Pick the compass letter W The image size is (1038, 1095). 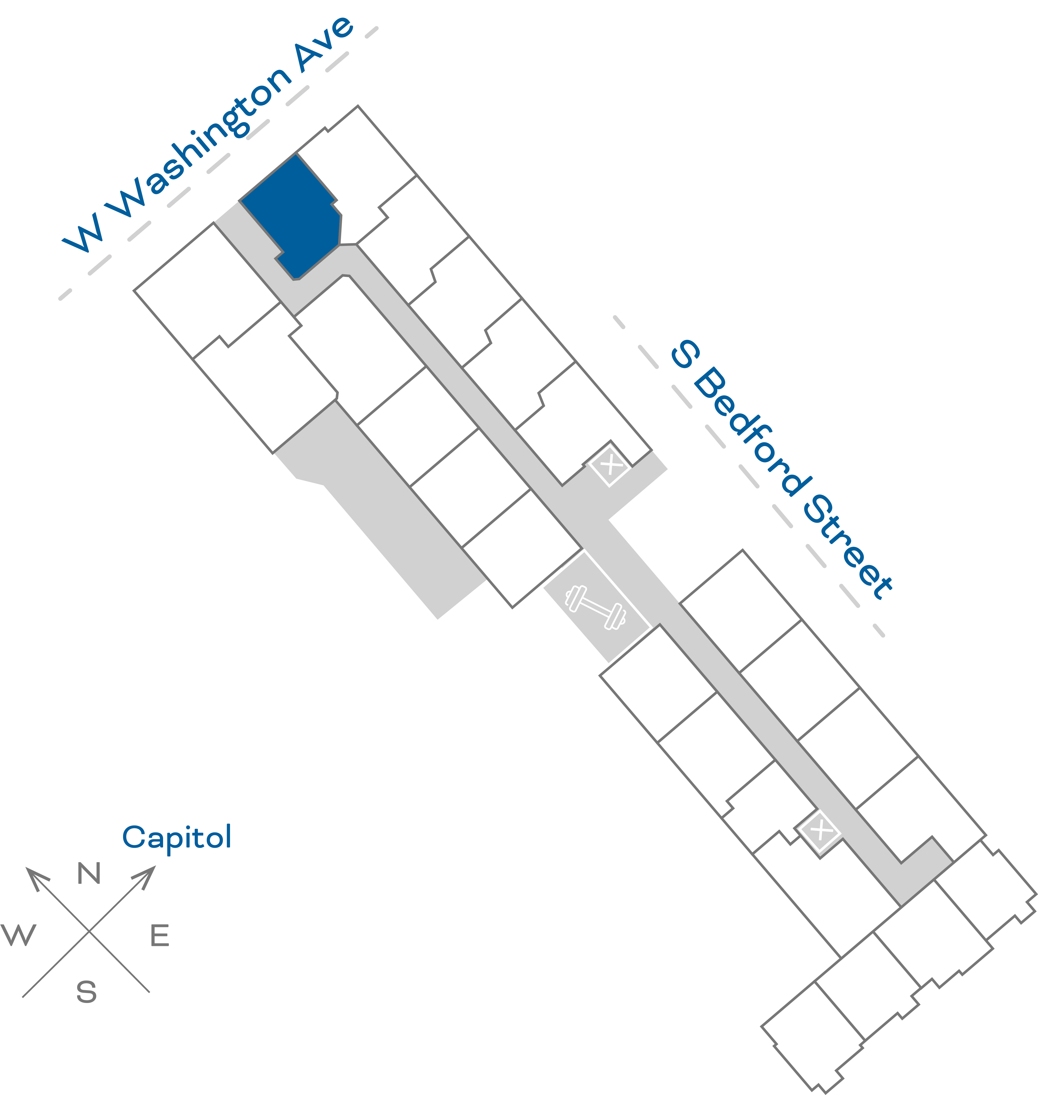(x=19, y=935)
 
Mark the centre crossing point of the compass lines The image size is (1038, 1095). (x=89, y=931)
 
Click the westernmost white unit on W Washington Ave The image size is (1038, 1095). (x=208, y=291)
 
